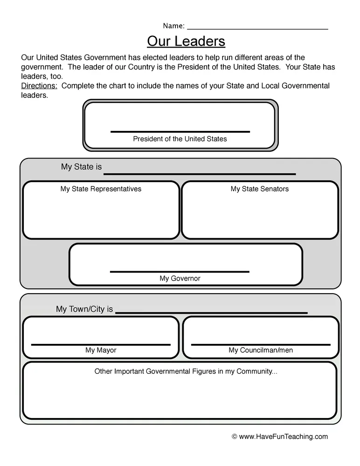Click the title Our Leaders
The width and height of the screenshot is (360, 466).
click(186, 41)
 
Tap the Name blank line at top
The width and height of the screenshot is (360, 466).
click(257, 29)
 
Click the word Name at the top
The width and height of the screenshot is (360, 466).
click(173, 26)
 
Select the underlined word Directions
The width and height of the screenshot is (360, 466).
click(39, 86)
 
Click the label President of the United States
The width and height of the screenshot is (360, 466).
click(180, 139)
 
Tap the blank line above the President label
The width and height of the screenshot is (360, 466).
click(180, 132)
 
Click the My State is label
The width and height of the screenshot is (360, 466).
click(81, 167)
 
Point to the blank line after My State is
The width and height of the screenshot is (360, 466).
click(200, 174)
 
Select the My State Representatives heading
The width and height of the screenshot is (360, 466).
click(101, 189)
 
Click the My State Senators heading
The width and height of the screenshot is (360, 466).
click(260, 189)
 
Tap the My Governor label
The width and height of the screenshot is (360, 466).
click(180, 278)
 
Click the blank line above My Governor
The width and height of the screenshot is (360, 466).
click(180, 271)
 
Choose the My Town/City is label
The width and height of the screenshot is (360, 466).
click(84, 309)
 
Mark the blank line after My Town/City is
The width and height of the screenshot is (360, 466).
click(211, 313)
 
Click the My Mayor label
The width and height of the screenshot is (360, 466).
click(101, 350)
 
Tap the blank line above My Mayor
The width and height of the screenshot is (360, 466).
click(101, 344)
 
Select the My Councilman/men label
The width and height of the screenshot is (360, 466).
click(261, 350)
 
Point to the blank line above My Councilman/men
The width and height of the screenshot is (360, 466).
click(261, 344)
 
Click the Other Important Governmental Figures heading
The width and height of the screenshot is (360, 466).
click(186, 371)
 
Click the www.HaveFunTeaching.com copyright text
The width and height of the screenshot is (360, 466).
click(280, 437)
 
